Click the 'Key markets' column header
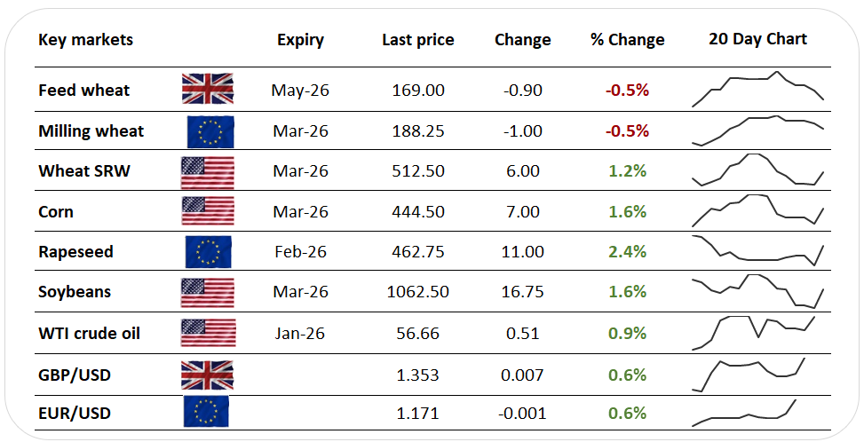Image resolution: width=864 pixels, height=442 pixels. tap(85, 40)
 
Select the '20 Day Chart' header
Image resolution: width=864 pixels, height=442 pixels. tap(757, 39)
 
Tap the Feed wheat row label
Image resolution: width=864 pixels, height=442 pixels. tap(83, 90)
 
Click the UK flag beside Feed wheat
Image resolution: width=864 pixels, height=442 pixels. tap(208, 90)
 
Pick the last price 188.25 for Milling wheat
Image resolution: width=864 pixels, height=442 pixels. tap(417, 131)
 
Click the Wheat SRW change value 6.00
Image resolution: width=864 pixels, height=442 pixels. tap(522, 171)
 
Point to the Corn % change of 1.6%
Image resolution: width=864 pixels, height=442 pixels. tap(627, 212)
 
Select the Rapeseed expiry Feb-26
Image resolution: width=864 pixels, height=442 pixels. tap(300, 252)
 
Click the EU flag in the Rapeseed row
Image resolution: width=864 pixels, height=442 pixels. tap(210, 252)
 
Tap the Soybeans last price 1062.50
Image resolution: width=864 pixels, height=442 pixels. tap(417, 292)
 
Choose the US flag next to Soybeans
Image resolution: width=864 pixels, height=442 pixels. tap(208, 292)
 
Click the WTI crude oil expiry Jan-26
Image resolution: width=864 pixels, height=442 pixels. tap(300, 334)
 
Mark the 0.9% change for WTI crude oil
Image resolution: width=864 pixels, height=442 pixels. tap(627, 334)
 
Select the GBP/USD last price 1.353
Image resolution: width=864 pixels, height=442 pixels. tap(417, 375)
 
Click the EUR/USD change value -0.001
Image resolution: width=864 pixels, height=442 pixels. tap(522, 414)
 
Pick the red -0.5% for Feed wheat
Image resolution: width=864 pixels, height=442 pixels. tap(627, 90)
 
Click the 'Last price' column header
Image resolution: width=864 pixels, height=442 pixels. tap(417, 40)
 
